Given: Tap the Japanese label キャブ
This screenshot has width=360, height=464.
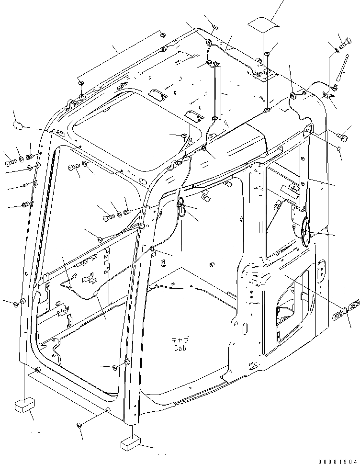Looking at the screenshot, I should pos(180,340).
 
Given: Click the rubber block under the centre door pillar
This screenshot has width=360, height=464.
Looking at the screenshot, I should pos(132,443).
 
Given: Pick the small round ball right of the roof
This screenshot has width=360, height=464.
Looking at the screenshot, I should pos(338,148).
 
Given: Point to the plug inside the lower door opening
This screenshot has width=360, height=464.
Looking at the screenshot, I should pos(115,367).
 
